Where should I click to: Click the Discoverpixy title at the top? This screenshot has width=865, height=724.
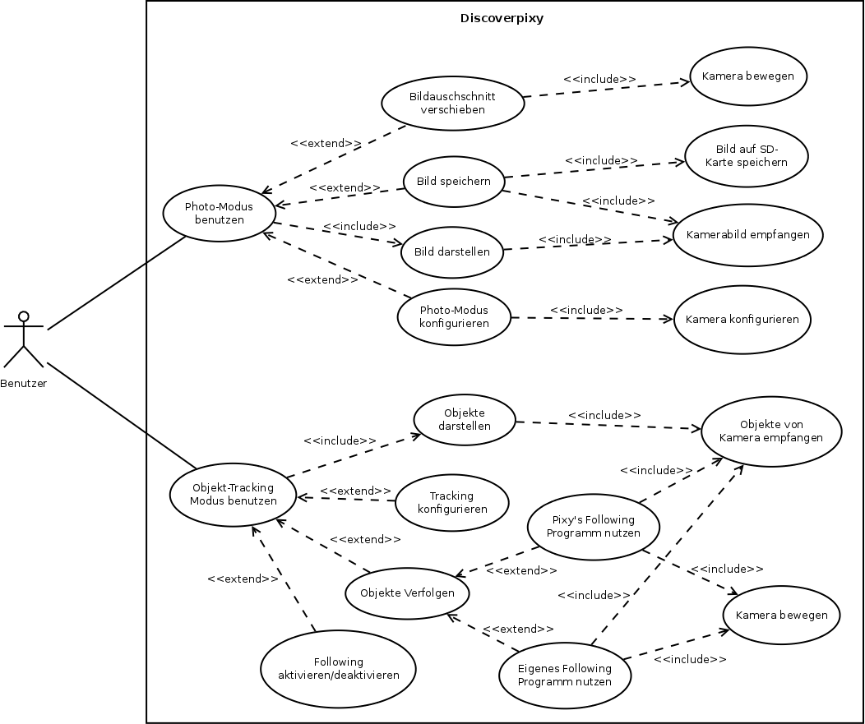coord(502,18)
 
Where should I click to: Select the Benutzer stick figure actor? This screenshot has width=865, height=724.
coord(24,339)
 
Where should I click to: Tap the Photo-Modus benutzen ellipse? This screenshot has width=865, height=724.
coord(219,213)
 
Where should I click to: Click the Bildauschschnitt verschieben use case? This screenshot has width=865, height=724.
coord(452,103)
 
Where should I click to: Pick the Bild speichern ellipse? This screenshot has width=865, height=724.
coord(453,182)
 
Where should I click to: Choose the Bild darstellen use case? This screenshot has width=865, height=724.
coord(452,251)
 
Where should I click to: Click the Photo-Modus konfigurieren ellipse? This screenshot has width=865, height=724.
coord(454,316)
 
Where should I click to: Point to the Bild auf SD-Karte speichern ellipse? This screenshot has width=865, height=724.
coord(746,155)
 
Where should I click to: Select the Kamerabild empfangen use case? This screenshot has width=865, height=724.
coord(747,235)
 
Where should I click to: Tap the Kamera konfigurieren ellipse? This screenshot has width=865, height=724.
coord(742,320)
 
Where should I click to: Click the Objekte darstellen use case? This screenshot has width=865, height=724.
coord(465,419)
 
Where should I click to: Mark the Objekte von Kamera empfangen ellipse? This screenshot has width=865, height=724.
coord(770,431)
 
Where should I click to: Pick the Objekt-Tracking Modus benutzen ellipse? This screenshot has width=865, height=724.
coord(234,494)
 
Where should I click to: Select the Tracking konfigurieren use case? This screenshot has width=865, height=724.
coord(451,502)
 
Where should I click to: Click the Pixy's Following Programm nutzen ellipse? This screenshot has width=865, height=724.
coord(593,526)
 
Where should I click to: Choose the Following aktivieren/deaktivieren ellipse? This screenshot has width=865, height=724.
coord(338,669)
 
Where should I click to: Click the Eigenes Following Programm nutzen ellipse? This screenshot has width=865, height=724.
coord(565,675)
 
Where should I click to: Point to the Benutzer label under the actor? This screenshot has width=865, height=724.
coord(24,383)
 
